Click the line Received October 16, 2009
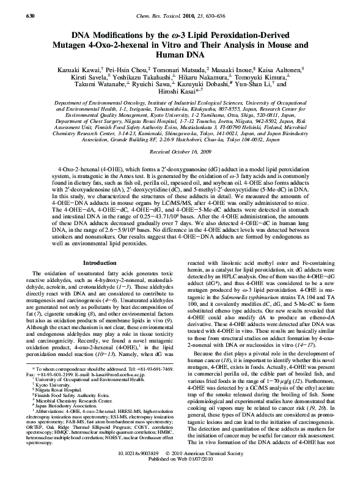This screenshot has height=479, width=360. point(180,150)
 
